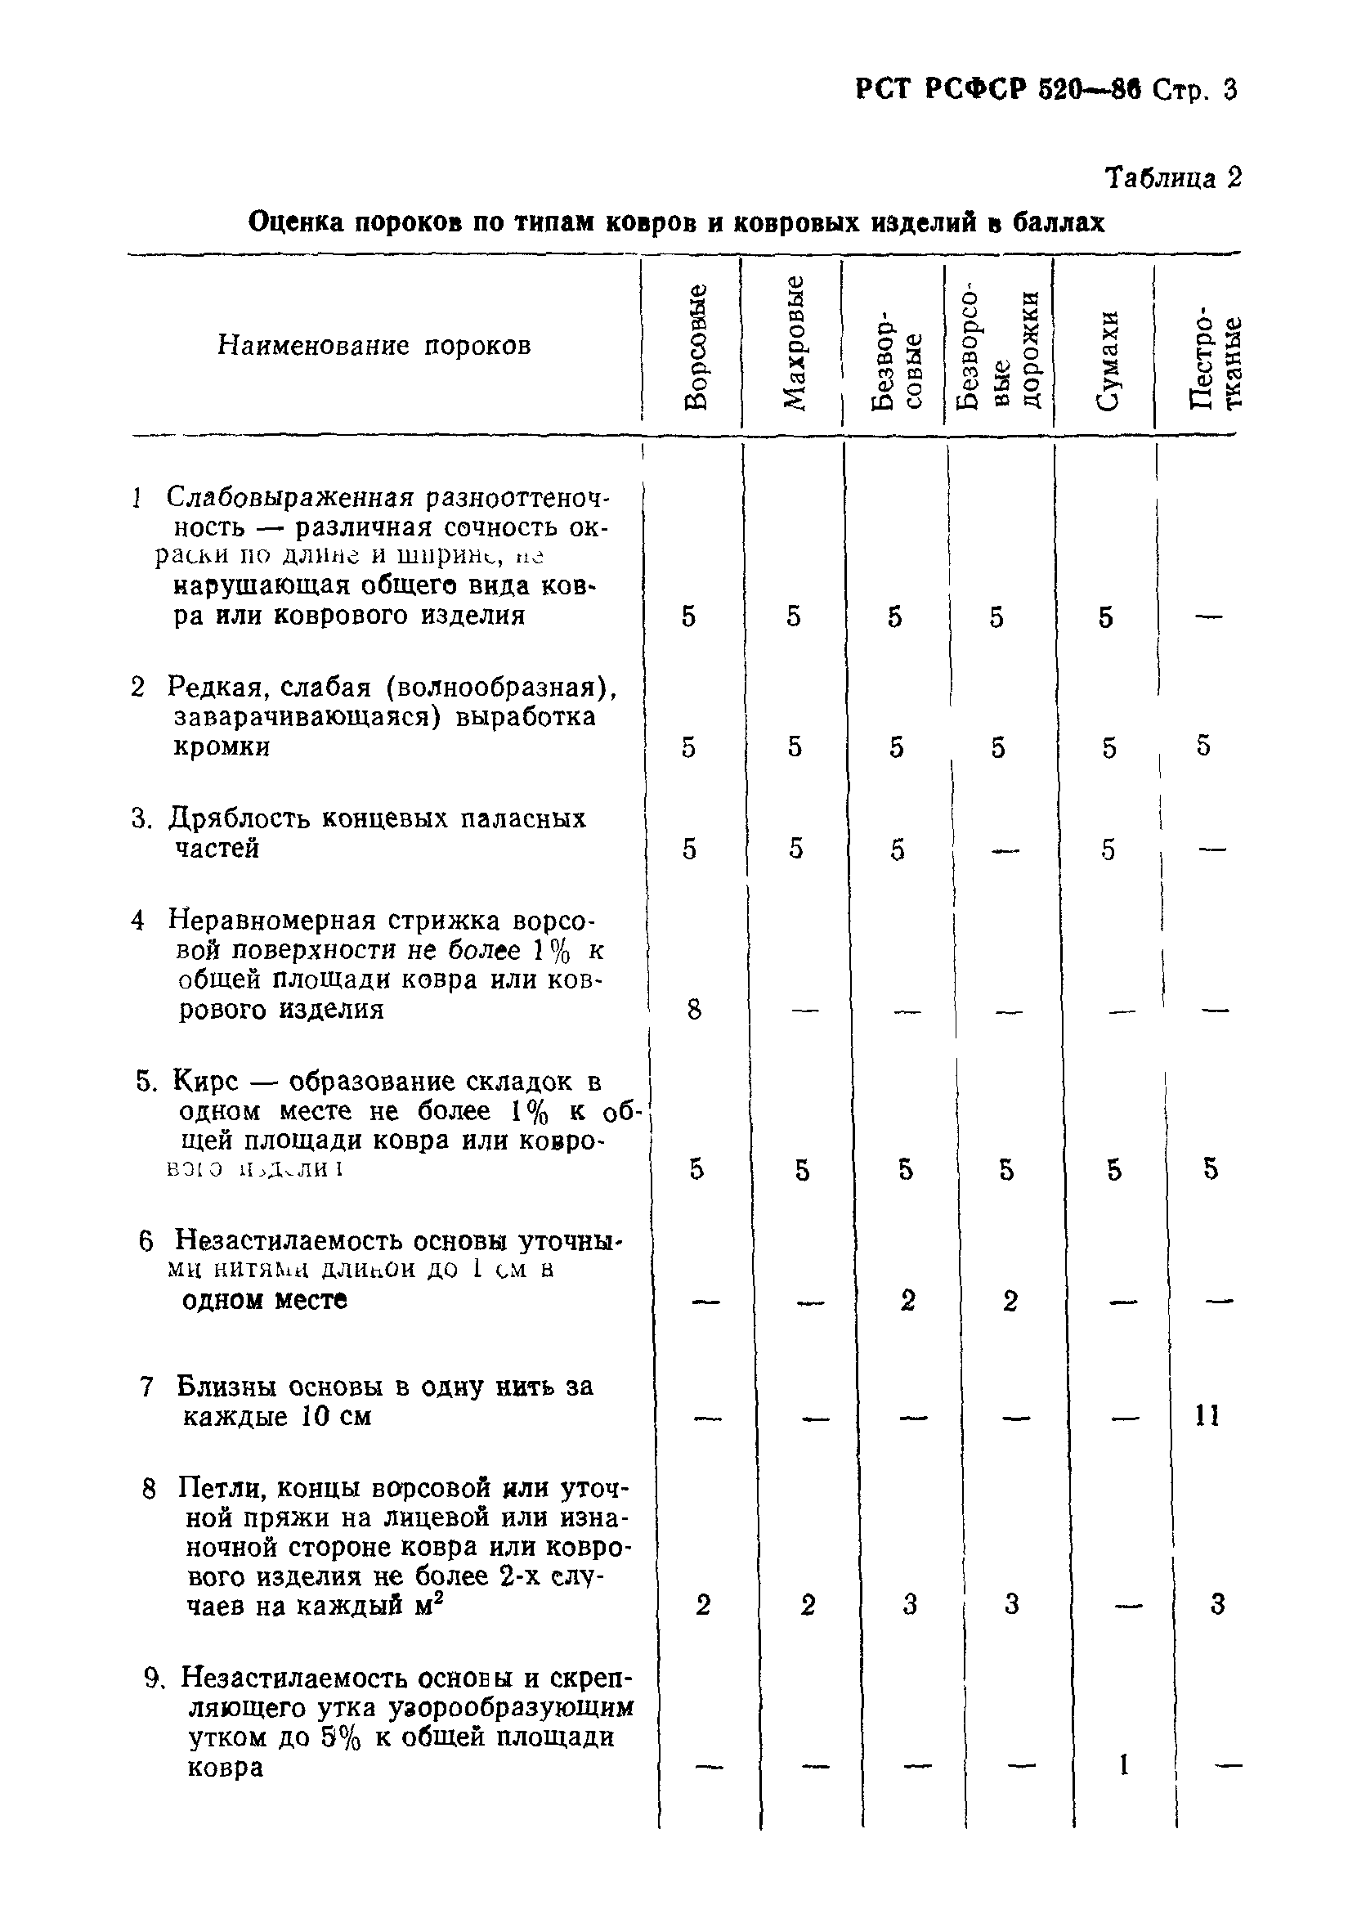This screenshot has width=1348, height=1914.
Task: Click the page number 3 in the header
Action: pyautogui.click(x=1229, y=90)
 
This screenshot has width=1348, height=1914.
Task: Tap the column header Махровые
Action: pyautogui.click(x=794, y=343)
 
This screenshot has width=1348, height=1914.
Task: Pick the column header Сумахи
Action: pyautogui.click(x=1106, y=361)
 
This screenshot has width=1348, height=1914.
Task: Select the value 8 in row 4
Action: pyautogui.click(x=694, y=1011)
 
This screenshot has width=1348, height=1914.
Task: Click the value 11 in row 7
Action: pyautogui.click(x=1207, y=1415)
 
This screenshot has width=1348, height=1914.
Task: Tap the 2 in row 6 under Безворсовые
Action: pyautogui.click(x=908, y=1301)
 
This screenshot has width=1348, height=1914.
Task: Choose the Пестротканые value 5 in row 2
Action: pyautogui.click(x=1203, y=746)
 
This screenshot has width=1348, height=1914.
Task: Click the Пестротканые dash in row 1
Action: pyautogui.click(x=1208, y=617)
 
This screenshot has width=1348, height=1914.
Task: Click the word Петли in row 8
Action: pyautogui.click(x=219, y=1488)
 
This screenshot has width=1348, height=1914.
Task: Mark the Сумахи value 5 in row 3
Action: pyautogui.click(x=1107, y=849)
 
